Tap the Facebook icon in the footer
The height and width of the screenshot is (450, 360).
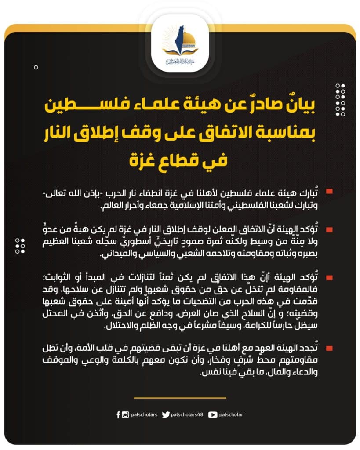(x=119, y=414)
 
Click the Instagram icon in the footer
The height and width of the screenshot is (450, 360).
(x=125, y=414)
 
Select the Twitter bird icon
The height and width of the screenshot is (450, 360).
(x=166, y=414)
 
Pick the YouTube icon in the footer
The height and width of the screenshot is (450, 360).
(x=213, y=414)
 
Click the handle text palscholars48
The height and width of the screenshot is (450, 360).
(x=187, y=414)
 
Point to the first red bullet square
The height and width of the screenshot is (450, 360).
(x=329, y=192)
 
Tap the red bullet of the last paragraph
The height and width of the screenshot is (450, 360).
(x=329, y=348)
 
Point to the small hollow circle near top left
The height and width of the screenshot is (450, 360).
(x=36, y=67)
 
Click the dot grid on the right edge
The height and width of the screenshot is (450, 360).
(x=340, y=100)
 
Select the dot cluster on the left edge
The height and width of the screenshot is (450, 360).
(x=20, y=246)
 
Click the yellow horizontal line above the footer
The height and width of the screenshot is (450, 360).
(x=180, y=398)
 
